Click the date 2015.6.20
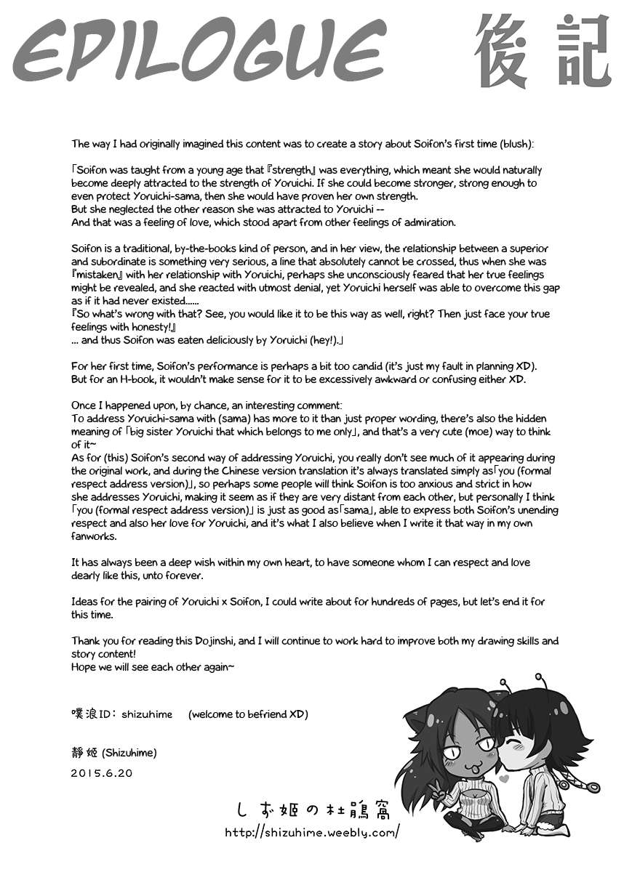pos(102,774)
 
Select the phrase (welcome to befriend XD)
pos(248,714)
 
